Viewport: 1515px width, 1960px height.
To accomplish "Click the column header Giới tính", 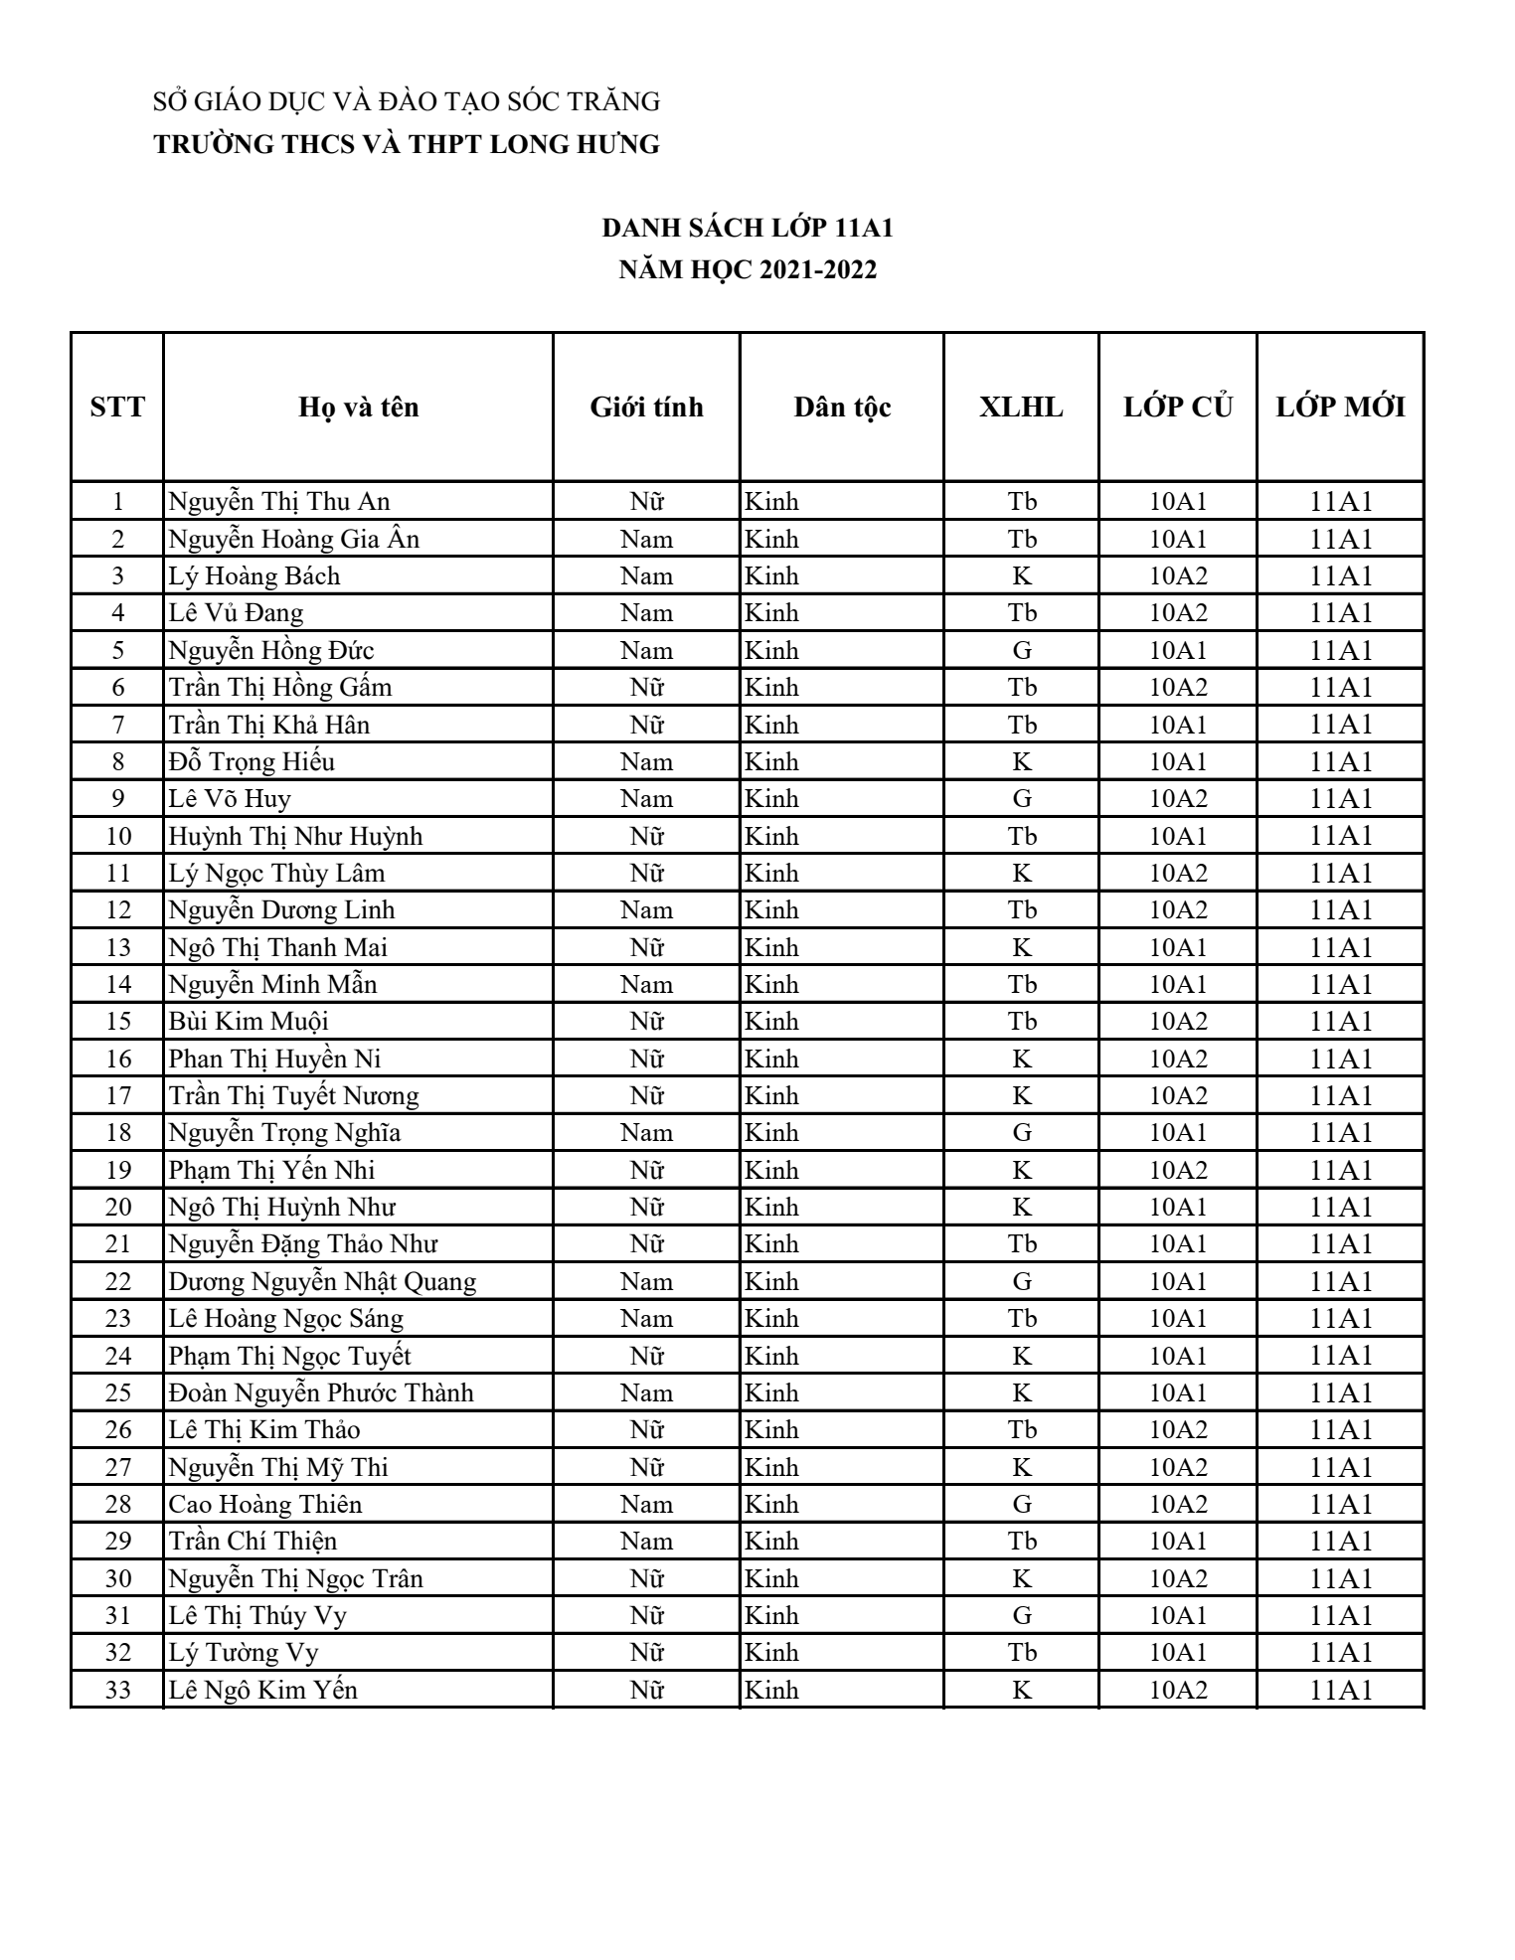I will click(x=646, y=408).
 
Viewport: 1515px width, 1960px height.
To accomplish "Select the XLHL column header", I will click(x=1021, y=408).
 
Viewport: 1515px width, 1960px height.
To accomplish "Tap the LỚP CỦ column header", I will click(x=1178, y=408).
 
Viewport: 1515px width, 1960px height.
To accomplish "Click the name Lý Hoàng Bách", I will click(x=253, y=576).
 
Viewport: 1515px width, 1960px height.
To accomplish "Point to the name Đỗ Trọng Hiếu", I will click(x=252, y=762).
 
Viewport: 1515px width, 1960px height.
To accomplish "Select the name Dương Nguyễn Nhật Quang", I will click(x=322, y=1282).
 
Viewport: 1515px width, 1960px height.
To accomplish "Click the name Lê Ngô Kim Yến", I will click(x=262, y=1691).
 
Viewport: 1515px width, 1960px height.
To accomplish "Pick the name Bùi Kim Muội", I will click(x=249, y=1022).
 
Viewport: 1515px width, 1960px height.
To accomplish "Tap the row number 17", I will click(x=118, y=1096).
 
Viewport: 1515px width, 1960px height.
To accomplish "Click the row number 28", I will click(x=118, y=1505).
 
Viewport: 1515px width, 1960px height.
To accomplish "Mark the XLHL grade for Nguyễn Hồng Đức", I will click(x=1021, y=651).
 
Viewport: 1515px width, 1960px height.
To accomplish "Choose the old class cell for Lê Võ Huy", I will click(x=1178, y=799).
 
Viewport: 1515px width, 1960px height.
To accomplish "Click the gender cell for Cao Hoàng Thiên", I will click(x=646, y=1505).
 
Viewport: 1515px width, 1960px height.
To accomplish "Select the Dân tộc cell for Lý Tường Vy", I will click(x=772, y=1653).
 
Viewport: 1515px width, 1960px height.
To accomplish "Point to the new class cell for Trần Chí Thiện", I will click(x=1340, y=1542).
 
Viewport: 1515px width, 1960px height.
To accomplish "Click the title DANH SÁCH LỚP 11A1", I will click(x=748, y=229).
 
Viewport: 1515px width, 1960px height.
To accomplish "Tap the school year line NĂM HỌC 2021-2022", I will click(x=748, y=270).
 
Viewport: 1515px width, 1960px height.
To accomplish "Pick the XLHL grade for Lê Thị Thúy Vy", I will click(x=1021, y=1616).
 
